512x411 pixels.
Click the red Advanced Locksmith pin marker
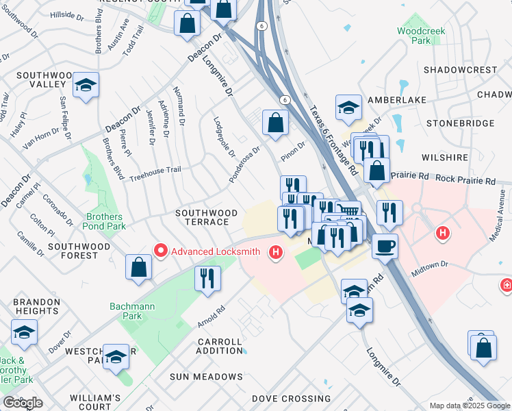click(161, 251)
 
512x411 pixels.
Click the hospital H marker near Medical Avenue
click(443, 234)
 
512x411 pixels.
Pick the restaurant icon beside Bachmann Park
click(207, 278)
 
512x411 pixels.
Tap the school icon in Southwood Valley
click(86, 86)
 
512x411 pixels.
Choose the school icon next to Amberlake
click(348, 107)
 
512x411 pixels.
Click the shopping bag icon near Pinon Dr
click(275, 123)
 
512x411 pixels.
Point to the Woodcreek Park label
click(414, 36)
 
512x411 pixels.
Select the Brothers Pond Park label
click(105, 221)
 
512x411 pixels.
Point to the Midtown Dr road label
click(429, 269)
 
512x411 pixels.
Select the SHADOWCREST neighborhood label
click(460, 70)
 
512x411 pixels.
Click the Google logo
click(23, 403)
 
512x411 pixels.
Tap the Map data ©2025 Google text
click(469, 406)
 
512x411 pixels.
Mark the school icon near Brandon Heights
click(24, 333)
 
